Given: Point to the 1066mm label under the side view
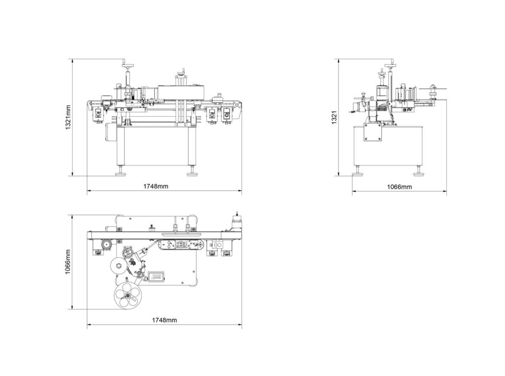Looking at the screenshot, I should coord(399,187).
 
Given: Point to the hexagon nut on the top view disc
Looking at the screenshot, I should coord(119,266).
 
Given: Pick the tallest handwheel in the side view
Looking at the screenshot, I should coord(393,64).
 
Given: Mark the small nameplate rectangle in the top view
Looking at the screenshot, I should coord(158,273).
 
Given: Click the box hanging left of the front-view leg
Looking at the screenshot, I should coord(109,132).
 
